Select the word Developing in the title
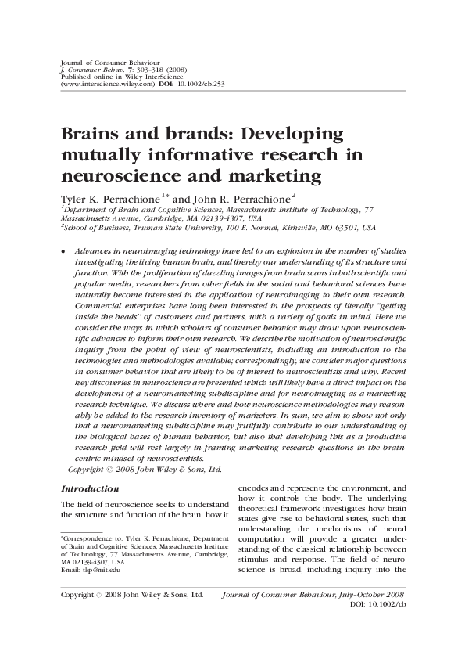(297, 134)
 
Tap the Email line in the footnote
(82, 569)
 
